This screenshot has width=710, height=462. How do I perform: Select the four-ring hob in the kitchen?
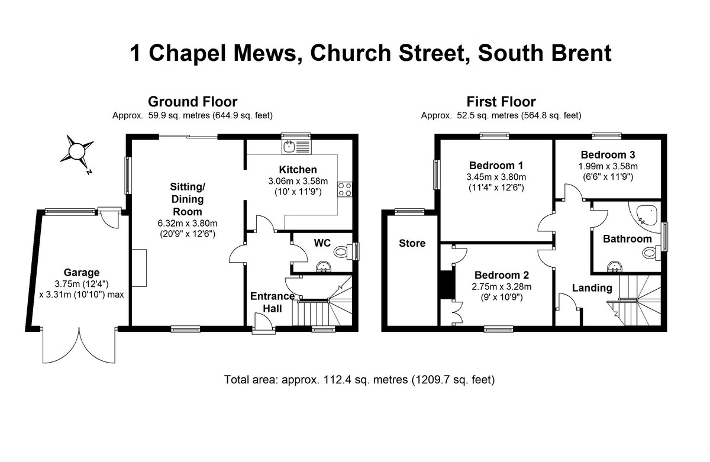pos(344,189)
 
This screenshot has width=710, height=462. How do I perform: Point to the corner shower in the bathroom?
pos(646,215)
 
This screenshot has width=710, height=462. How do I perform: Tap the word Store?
pos(412,243)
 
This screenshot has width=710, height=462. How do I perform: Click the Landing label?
pos(592,288)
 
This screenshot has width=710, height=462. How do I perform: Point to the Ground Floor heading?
pos(192,102)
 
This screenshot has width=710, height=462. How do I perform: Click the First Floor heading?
pos(501,102)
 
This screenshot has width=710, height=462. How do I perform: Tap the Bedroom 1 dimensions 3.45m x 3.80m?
pos(496,177)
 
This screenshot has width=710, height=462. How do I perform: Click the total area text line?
pos(359,379)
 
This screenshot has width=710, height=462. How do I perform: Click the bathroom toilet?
pos(649,254)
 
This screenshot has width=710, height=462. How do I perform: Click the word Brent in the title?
pos(573,53)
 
